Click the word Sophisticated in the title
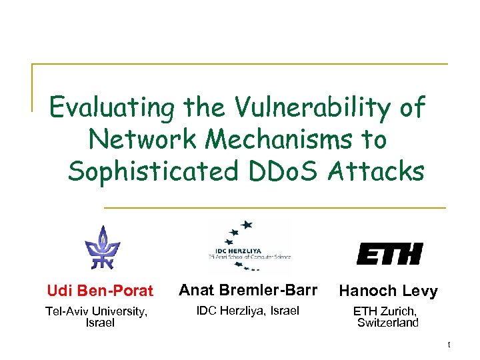[153, 171]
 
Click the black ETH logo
[389, 253]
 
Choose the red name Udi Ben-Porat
[100, 291]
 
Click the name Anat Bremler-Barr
[249, 290]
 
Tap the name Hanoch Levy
[388, 291]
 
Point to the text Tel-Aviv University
[96, 311]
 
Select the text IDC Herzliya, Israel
[247, 310]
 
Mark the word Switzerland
[388, 323]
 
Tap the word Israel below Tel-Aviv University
[100, 323]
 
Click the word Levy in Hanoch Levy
[422, 291]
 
